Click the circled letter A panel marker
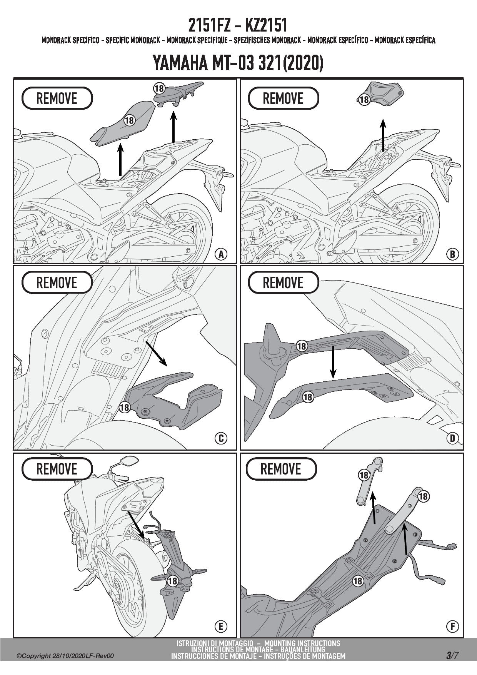221,254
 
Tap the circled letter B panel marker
452,254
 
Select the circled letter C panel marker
221,438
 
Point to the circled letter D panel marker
452,438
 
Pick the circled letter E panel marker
221,627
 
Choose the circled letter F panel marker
452,627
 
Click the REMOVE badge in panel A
57,98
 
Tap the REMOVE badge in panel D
284,283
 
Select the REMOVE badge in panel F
281,469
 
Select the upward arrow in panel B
383,135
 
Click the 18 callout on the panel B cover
364,99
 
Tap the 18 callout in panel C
125,407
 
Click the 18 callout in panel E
172,581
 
